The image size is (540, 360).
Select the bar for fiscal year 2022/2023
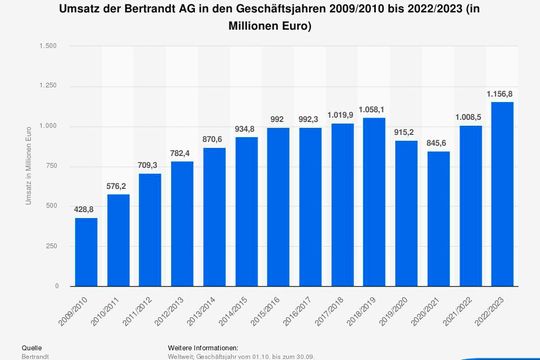[502, 194]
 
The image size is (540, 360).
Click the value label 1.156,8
[502, 92]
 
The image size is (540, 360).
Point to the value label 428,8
[86, 208]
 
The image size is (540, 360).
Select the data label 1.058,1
[374, 108]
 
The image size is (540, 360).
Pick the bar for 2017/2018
[342, 205]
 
